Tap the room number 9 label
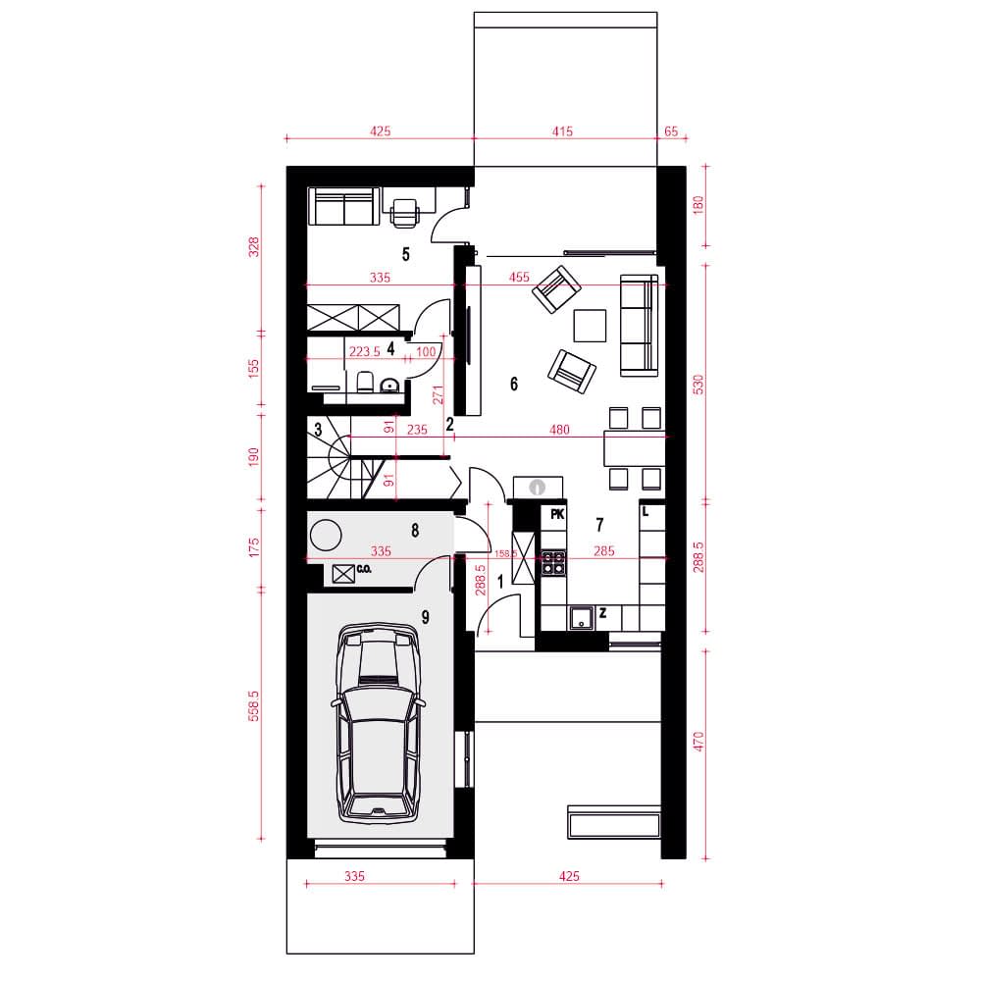[x=426, y=617]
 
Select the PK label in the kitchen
[x=557, y=514]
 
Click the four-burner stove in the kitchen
[x=553, y=562]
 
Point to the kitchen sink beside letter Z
[x=581, y=617]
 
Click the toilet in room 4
[x=365, y=382]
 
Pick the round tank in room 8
[x=326, y=536]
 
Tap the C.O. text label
[x=364, y=569]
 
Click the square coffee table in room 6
[x=590, y=326]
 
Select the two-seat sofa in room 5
[x=344, y=206]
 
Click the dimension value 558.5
[x=253, y=706]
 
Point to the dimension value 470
[x=698, y=742]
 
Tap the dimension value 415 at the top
[x=562, y=131]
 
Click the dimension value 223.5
[x=364, y=351]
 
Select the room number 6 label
[x=514, y=384]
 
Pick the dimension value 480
[x=559, y=430]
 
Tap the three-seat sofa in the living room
[x=639, y=326]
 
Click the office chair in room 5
[x=405, y=210]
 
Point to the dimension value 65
[x=671, y=131]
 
